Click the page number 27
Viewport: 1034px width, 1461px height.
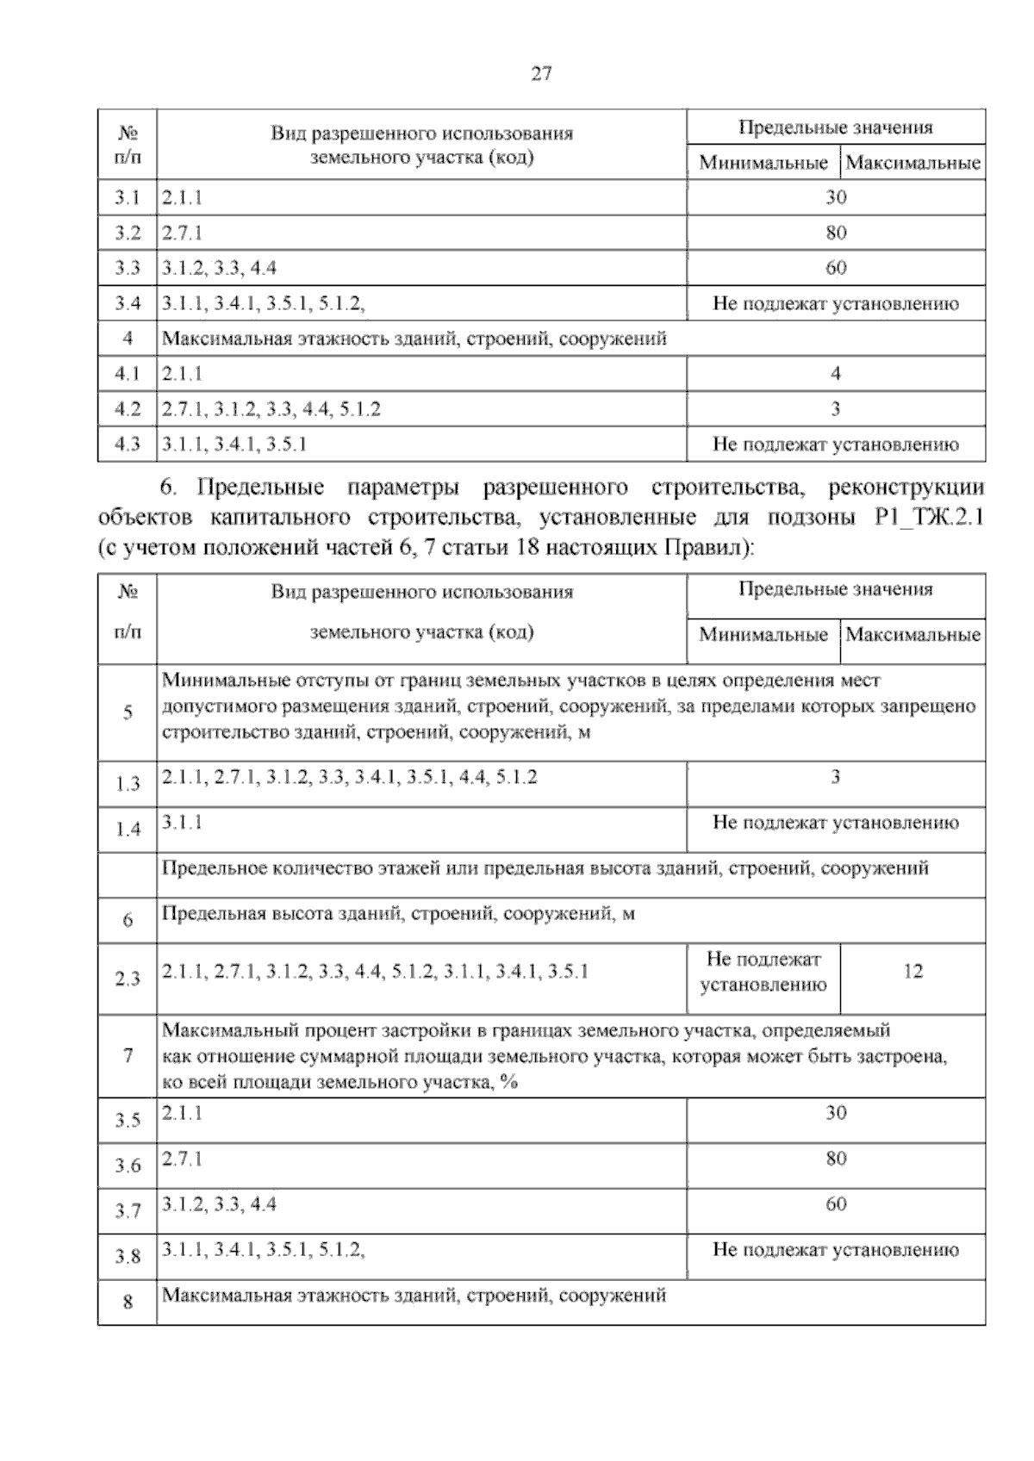[540, 74]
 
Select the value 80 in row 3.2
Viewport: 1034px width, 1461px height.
[836, 233]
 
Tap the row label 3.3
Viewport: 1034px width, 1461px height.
[128, 268]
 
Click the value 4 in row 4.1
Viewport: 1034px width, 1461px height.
[836, 374]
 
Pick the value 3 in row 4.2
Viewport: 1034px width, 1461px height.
[836, 409]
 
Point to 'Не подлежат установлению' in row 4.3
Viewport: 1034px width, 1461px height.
[836, 445]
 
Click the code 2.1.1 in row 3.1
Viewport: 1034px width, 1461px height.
[182, 197]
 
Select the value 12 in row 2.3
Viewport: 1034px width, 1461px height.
[913, 972]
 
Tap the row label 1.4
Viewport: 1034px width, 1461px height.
[128, 830]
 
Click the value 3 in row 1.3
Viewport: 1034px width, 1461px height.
[836, 777]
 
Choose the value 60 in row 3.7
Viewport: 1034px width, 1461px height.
[836, 1204]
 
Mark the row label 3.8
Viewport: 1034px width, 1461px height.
[128, 1257]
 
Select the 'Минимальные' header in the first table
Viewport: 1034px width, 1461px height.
[763, 163]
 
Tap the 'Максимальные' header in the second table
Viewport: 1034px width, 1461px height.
[913, 635]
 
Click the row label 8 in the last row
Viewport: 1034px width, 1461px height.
[128, 1302]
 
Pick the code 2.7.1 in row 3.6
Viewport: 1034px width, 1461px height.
[182, 1159]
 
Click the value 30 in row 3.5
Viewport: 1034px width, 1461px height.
[836, 1113]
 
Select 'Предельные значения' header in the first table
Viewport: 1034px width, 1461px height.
[836, 128]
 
